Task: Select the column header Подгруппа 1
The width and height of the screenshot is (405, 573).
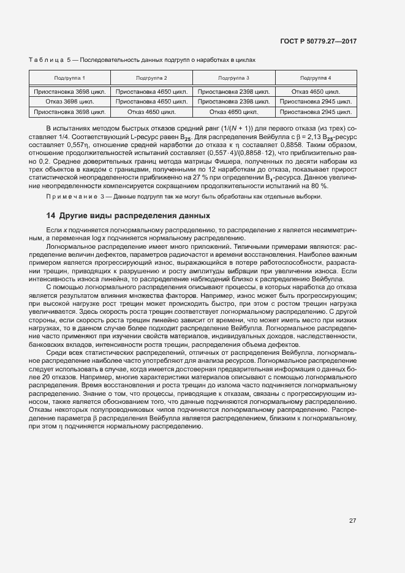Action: pos(70,78)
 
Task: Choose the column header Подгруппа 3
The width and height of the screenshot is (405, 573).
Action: pos(233,78)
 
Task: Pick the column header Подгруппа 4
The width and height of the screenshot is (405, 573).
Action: pos(316,78)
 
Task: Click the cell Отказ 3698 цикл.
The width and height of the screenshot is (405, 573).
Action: pos(70,101)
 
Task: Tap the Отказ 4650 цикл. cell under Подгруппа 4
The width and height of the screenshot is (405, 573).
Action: pos(316,91)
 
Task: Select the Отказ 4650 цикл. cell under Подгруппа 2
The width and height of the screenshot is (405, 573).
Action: pos(151,112)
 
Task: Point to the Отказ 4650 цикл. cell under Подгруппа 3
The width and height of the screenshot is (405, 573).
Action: pos(233,112)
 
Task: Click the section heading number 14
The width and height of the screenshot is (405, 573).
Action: pos(51,216)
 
